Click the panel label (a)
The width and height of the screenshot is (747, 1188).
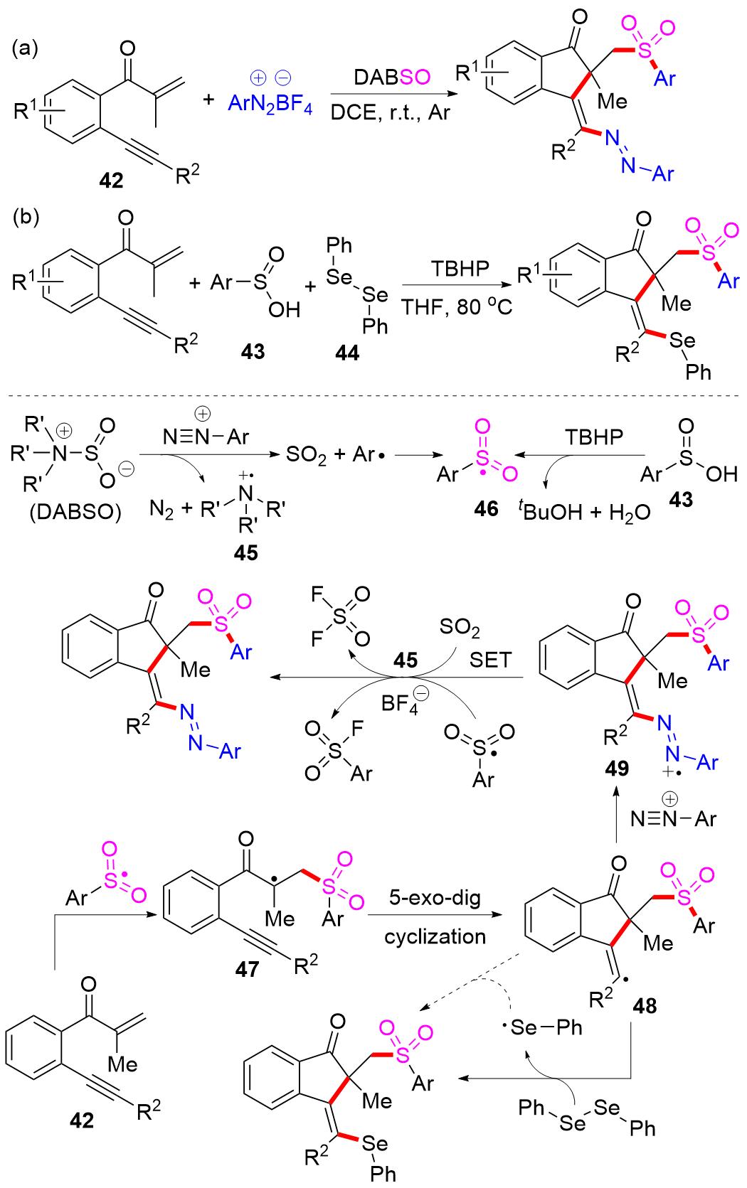coord(25,48)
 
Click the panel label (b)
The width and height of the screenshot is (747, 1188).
coord(26,218)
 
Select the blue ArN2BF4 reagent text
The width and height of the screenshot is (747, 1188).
coord(270,103)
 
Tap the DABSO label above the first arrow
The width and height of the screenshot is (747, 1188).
coord(392,77)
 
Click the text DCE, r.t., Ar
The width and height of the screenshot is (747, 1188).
coord(391,112)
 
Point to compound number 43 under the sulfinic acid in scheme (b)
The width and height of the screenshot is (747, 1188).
coord(253,352)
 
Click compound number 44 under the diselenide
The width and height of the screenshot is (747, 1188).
coord(347,353)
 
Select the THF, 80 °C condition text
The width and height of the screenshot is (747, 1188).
coord(457,306)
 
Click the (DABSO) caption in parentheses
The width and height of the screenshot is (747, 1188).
coord(75,513)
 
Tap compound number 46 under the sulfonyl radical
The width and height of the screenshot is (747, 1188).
coord(487,508)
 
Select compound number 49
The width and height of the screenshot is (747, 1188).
coord(617,769)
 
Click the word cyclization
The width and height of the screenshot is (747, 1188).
coord(435,936)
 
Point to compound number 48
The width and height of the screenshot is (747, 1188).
coord(645,1005)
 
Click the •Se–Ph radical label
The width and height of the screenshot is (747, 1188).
coord(541,1028)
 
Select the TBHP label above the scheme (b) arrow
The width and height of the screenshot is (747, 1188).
coord(460,269)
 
